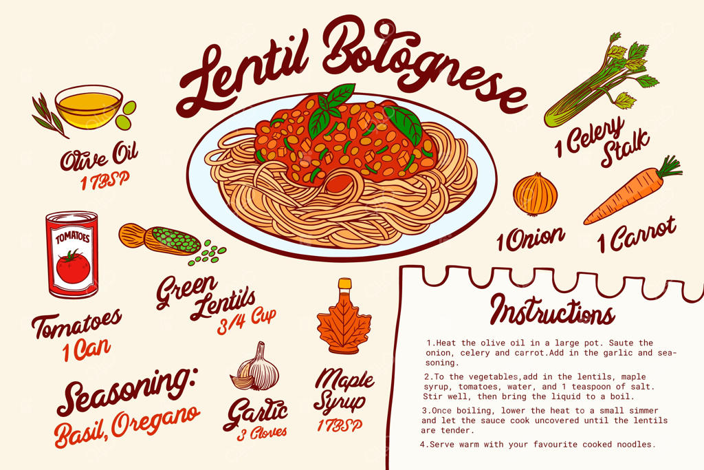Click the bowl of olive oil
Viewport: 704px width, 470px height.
point(89,107)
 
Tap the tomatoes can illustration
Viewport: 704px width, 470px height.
point(71,255)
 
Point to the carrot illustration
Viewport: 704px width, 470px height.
point(633,191)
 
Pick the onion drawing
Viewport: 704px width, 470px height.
point(535,193)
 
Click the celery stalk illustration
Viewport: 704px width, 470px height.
point(601,81)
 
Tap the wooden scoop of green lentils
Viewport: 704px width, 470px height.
point(160,239)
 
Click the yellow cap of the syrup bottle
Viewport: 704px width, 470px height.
point(345,283)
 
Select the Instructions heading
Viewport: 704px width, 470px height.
point(553,310)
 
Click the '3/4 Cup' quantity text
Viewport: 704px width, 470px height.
point(247,321)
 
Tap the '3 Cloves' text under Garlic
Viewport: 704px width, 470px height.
point(262,433)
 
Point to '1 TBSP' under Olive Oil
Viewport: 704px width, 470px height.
point(105,180)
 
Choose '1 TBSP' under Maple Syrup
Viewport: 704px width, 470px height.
point(340,425)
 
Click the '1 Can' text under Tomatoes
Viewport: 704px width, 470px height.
point(87,350)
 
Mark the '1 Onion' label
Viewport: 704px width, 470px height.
point(530,239)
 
